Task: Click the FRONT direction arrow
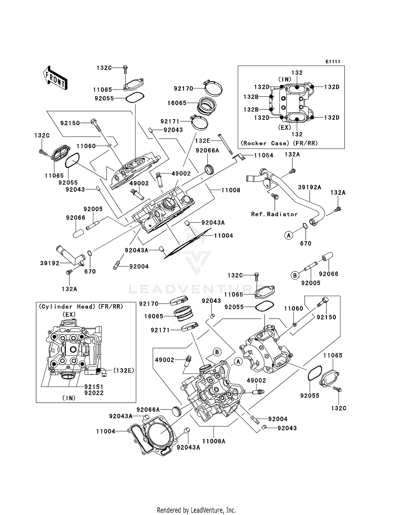click(55, 78)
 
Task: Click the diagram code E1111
click(333, 62)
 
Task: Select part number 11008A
click(214, 441)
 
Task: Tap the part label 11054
click(264, 155)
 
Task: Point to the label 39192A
click(309, 187)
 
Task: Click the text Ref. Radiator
click(274, 214)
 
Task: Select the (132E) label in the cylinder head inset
click(123, 370)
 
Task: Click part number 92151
click(94, 387)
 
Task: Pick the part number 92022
click(94, 393)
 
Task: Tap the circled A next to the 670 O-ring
click(288, 235)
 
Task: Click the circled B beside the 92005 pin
click(295, 276)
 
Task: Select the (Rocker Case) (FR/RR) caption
click(279, 143)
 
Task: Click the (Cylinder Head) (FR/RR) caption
click(81, 307)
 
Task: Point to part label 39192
click(50, 263)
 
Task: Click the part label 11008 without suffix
click(231, 190)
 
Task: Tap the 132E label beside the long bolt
click(203, 141)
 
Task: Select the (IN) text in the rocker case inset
click(285, 79)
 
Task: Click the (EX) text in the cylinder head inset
click(69, 314)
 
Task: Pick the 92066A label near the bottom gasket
click(148, 409)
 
